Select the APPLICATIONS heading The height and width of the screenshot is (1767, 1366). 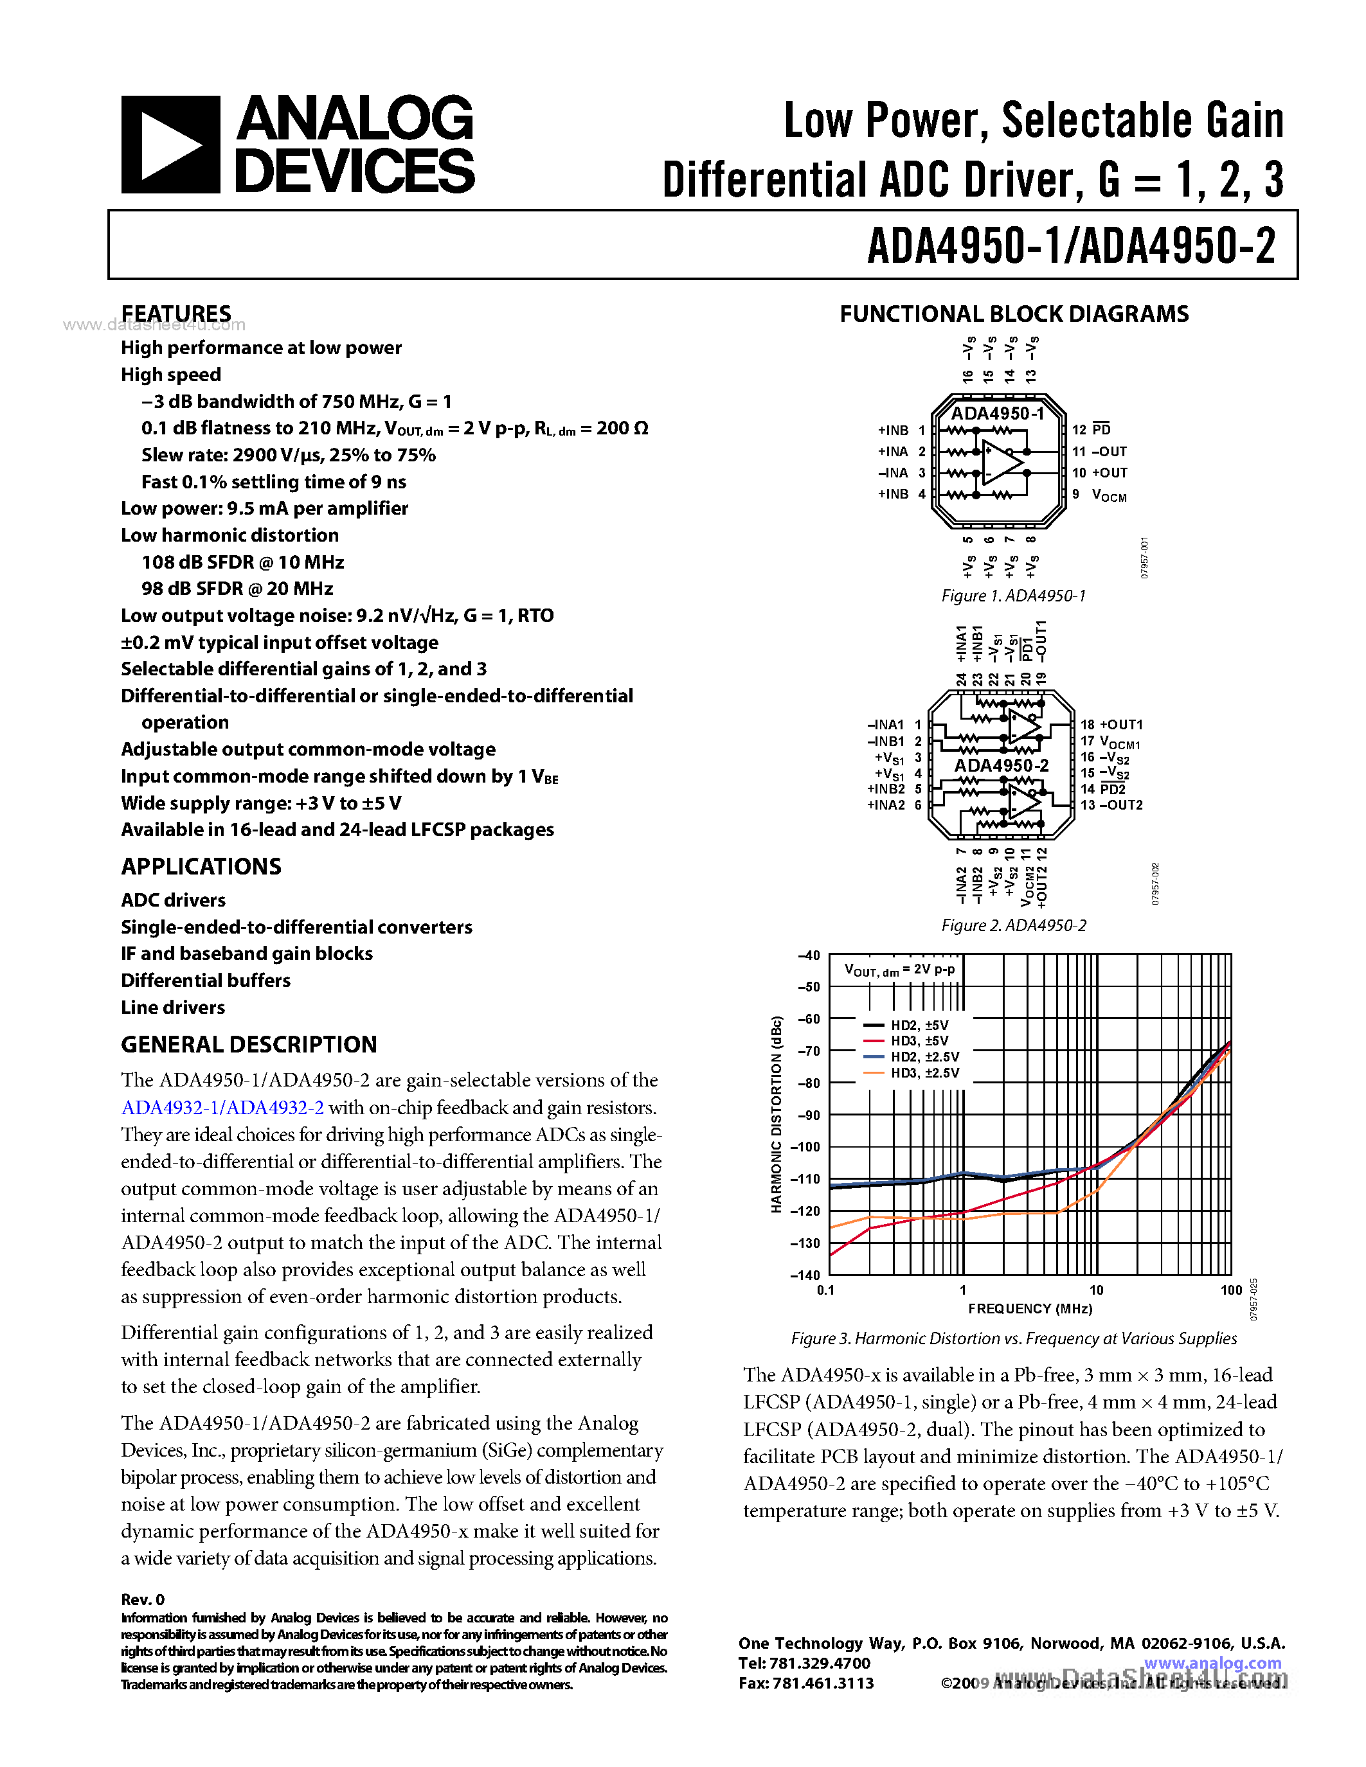tap(201, 867)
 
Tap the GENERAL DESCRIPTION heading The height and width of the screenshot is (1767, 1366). tap(248, 1045)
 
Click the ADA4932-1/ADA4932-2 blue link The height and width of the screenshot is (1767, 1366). tap(222, 1108)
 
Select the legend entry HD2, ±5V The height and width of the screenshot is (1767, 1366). tap(919, 1025)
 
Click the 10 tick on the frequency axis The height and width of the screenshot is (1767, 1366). tap(1096, 1290)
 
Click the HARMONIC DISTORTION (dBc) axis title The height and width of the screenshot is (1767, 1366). tap(776, 1114)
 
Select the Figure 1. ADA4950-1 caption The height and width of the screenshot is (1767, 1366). tap(1013, 596)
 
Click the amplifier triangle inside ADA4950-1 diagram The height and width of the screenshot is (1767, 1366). tap(1003, 463)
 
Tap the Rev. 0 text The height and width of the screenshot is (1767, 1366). tap(143, 1599)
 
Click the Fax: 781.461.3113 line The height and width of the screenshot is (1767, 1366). tap(806, 1683)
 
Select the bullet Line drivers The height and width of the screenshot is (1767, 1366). tap(172, 1008)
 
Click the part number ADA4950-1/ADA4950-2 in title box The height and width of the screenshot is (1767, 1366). tap(1071, 245)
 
